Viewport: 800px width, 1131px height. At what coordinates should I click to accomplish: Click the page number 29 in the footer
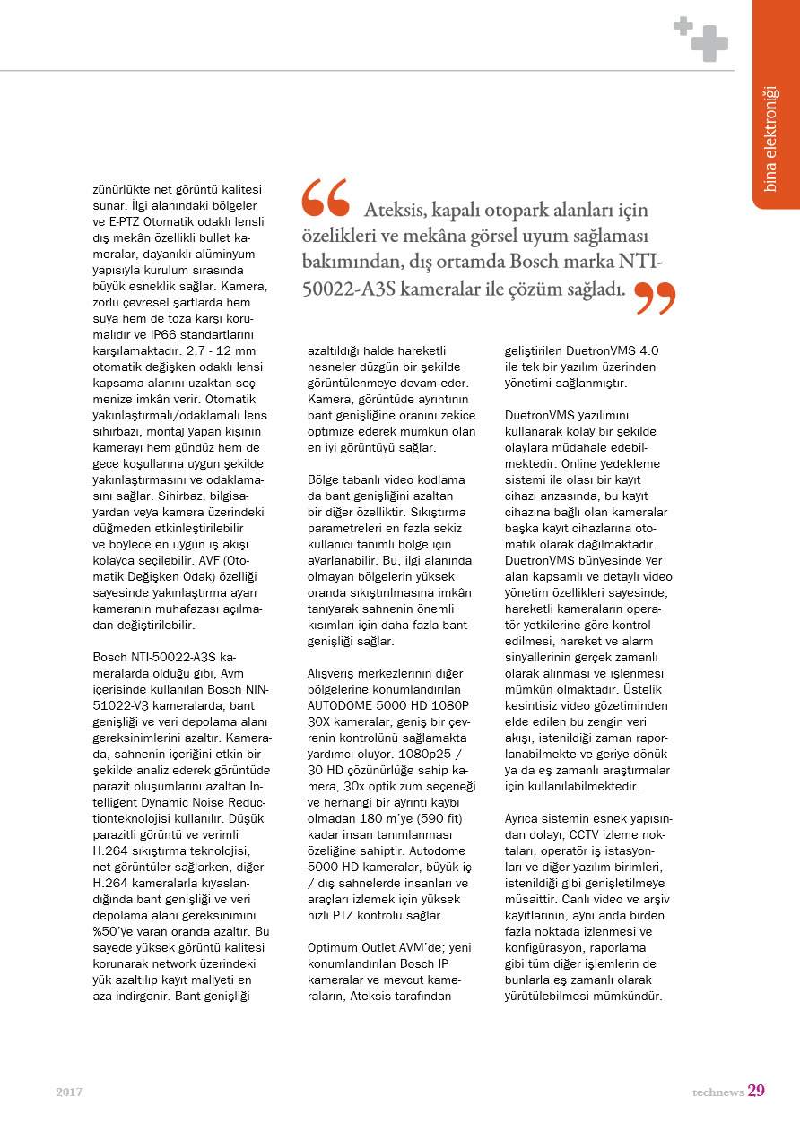[x=756, y=1091]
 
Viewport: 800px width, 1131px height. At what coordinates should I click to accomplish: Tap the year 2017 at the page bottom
[x=69, y=1092]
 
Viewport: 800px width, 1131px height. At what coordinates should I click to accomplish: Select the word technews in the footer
[x=717, y=1092]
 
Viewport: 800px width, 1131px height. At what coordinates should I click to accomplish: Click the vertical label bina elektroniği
[x=770, y=139]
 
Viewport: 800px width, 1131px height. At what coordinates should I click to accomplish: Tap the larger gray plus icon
[x=709, y=44]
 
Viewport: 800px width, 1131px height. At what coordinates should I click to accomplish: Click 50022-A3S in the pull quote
[x=348, y=289]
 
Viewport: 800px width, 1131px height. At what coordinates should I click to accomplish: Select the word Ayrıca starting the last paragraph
[x=524, y=819]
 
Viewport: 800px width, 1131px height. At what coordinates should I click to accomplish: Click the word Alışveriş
[x=334, y=673]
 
